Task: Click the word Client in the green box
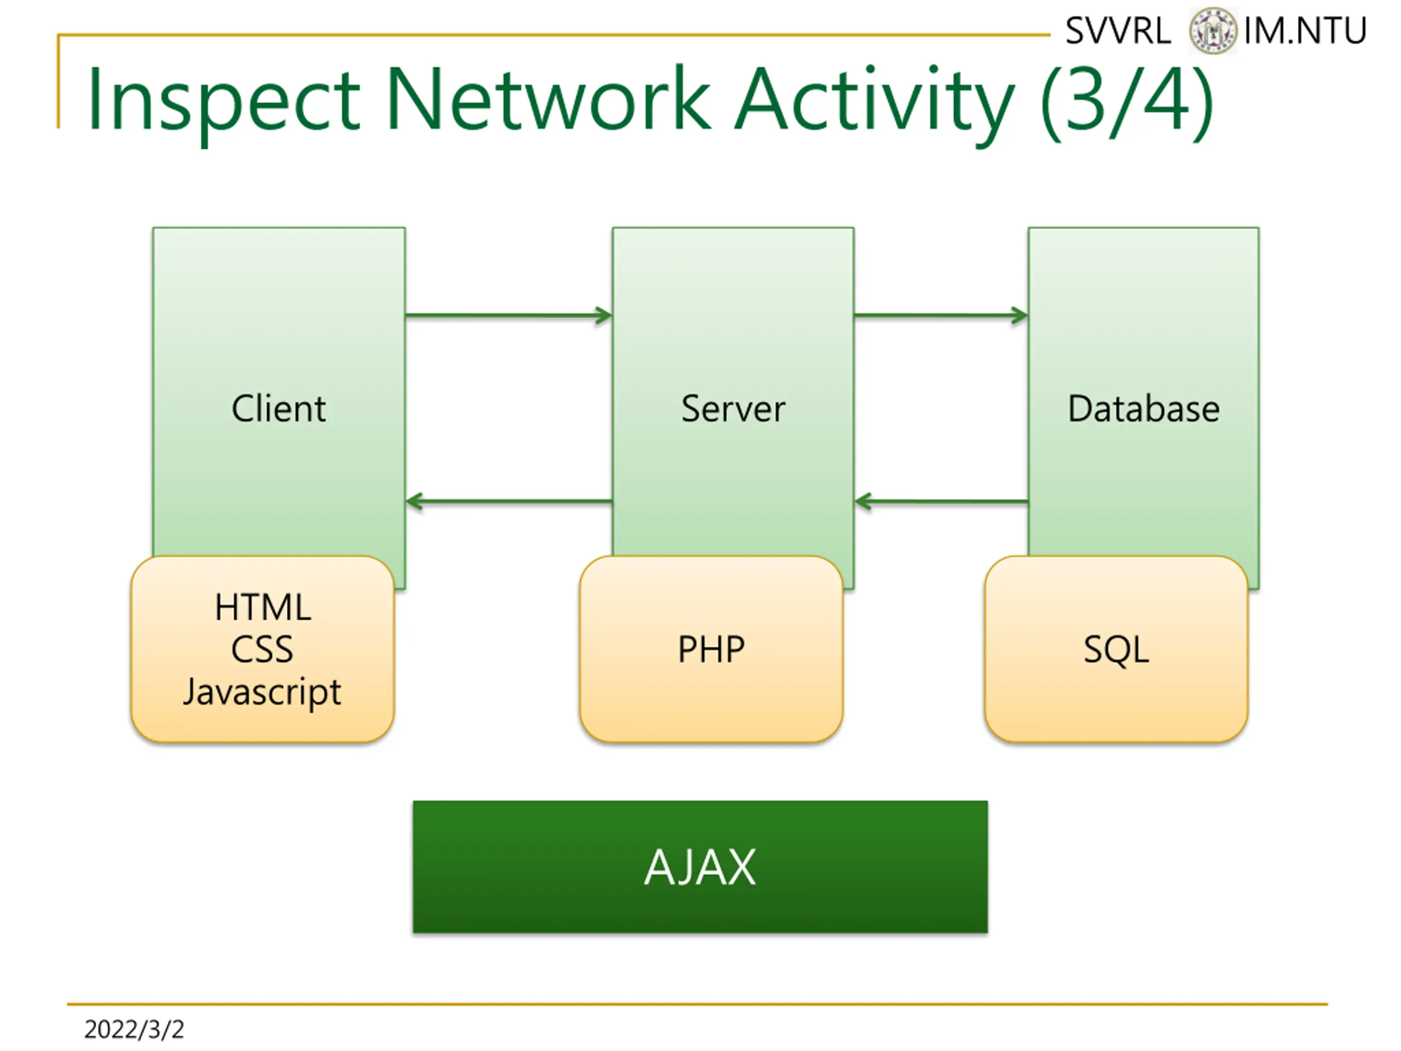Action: [279, 408]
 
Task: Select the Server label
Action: [733, 408]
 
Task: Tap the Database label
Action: [1144, 408]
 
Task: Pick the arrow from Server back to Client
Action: [509, 502]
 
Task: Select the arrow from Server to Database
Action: [941, 315]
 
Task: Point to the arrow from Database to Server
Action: [941, 502]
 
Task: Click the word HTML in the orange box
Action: [263, 607]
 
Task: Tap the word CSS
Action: [262, 649]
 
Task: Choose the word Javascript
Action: [262, 692]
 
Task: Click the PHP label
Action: [711, 649]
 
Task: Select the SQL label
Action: [1116, 650]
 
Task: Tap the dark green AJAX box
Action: [700, 867]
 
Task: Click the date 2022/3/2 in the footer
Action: [134, 1030]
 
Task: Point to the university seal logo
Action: [1212, 31]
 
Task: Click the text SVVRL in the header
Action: [1118, 31]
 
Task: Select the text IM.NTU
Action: [1305, 31]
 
